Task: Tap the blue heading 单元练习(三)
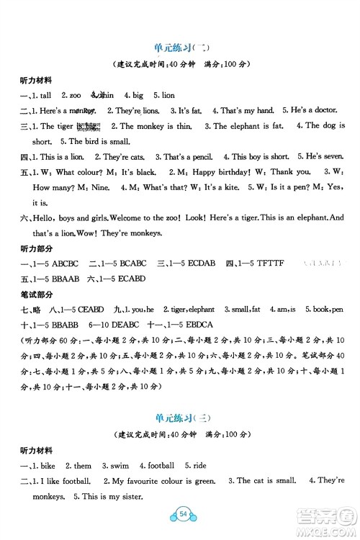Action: click(179, 418)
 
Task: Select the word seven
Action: click(321, 156)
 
